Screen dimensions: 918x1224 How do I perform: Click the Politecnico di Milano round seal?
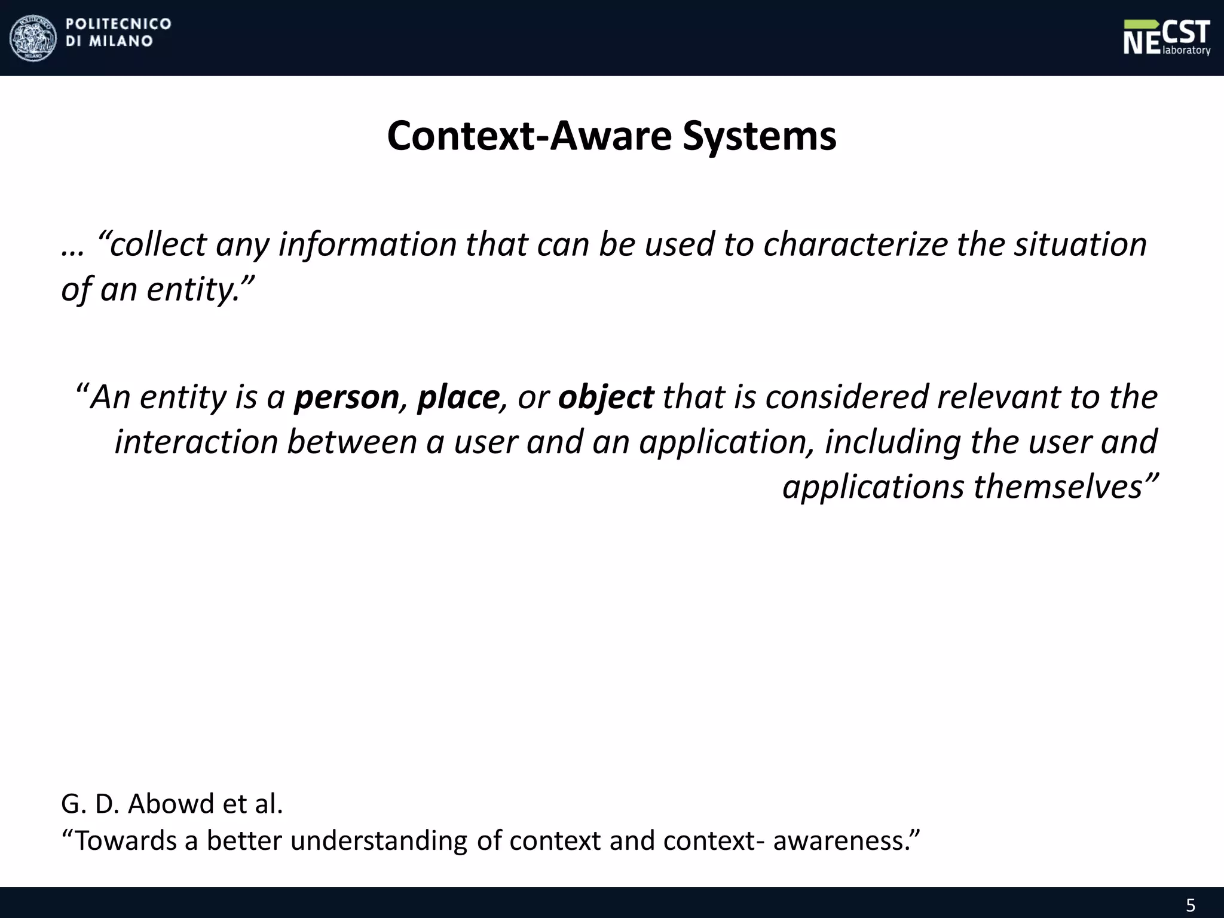point(33,38)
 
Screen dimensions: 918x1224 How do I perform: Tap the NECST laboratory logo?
point(1167,38)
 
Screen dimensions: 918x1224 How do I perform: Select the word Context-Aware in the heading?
point(529,136)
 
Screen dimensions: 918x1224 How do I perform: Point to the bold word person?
point(346,397)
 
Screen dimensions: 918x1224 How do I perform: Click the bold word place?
point(458,397)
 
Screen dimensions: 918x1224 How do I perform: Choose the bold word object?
point(605,397)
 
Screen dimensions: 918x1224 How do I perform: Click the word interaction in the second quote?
point(196,442)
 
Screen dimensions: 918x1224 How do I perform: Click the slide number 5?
point(1190,905)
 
